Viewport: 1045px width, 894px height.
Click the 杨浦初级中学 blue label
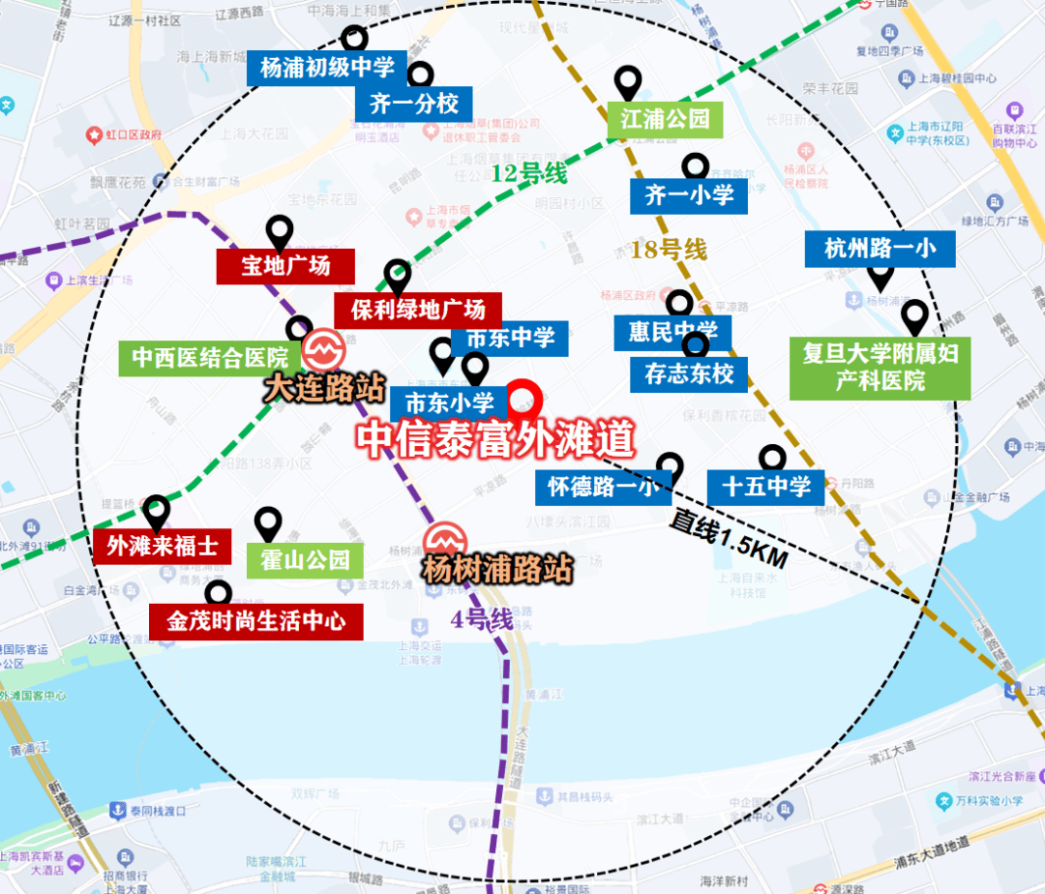pyautogui.click(x=328, y=68)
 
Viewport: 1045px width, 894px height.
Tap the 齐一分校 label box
pyautogui.click(x=414, y=103)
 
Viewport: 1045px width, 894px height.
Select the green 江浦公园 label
pyautogui.click(x=665, y=119)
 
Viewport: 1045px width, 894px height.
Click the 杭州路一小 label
pyautogui.click(x=881, y=249)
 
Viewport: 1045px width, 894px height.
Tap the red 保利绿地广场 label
pyautogui.click(x=418, y=311)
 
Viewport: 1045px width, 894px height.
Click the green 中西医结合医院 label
pyautogui.click(x=210, y=358)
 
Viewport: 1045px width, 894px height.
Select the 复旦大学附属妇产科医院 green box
pyautogui.click(x=879, y=368)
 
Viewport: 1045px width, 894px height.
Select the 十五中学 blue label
pyautogui.click(x=765, y=487)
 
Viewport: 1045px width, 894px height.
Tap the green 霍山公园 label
pyautogui.click(x=305, y=560)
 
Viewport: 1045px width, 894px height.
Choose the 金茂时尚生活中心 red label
pyautogui.click(x=256, y=621)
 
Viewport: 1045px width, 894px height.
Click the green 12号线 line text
pyautogui.click(x=528, y=174)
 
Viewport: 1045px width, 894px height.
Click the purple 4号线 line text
pyautogui.click(x=480, y=621)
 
